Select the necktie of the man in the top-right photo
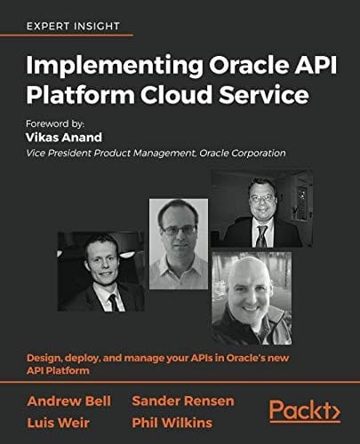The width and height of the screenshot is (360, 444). coord(260,234)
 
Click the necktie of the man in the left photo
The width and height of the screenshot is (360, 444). coord(114,301)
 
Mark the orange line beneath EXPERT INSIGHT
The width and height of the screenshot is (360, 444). coord(79,36)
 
